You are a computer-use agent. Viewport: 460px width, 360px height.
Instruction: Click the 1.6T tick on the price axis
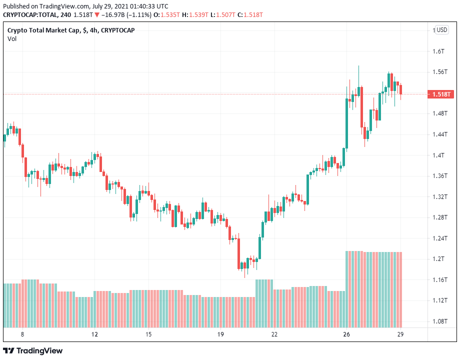(x=438, y=51)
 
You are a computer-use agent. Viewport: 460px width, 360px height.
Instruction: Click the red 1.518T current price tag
(x=441, y=94)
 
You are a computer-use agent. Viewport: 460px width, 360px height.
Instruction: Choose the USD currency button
(x=441, y=30)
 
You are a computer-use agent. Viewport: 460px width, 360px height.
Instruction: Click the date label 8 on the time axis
(x=22, y=334)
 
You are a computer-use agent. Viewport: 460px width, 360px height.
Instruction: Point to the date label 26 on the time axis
(x=346, y=334)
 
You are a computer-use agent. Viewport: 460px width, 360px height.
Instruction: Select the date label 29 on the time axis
(x=400, y=334)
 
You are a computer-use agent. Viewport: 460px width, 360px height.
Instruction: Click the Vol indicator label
(x=11, y=39)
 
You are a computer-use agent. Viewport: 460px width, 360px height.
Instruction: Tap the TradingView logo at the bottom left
(x=33, y=350)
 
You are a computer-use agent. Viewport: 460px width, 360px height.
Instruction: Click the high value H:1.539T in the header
(x=192, y=14)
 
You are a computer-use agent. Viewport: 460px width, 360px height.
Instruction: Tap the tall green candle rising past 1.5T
(x=347, y=122)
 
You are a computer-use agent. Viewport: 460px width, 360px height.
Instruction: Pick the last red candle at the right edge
(x=400, y=89)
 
